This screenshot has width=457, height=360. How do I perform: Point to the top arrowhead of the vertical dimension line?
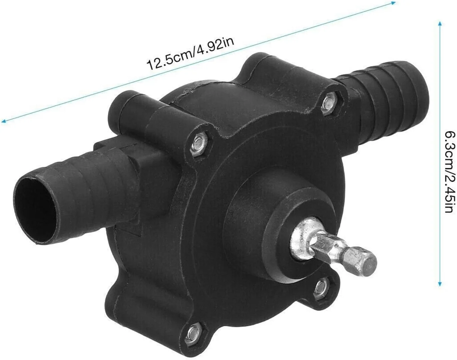point(440,24)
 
